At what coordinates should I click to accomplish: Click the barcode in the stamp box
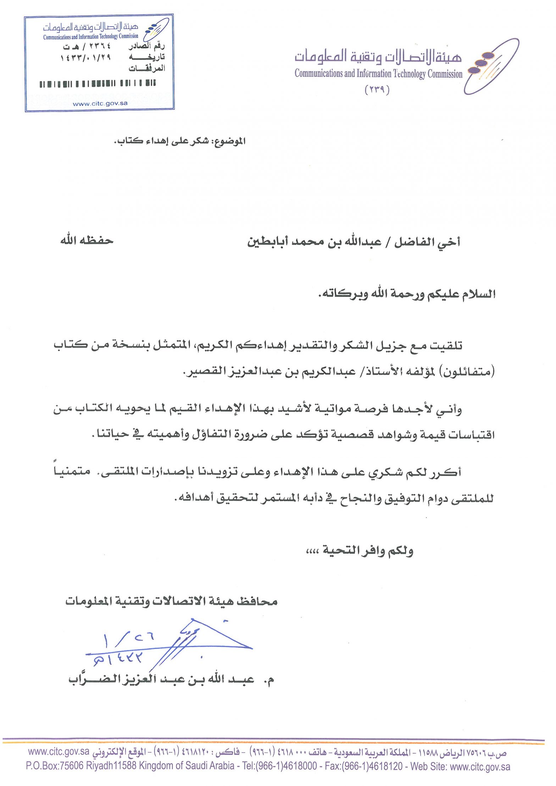98,84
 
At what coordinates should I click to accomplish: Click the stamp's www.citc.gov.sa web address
100,104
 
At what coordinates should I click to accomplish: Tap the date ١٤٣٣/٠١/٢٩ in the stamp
86,57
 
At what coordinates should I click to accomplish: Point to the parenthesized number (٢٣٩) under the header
377,90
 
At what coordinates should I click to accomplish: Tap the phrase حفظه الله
87,241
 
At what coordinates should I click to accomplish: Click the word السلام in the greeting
478,294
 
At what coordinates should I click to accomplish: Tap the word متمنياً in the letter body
72,472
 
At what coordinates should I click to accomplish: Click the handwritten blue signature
177,643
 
